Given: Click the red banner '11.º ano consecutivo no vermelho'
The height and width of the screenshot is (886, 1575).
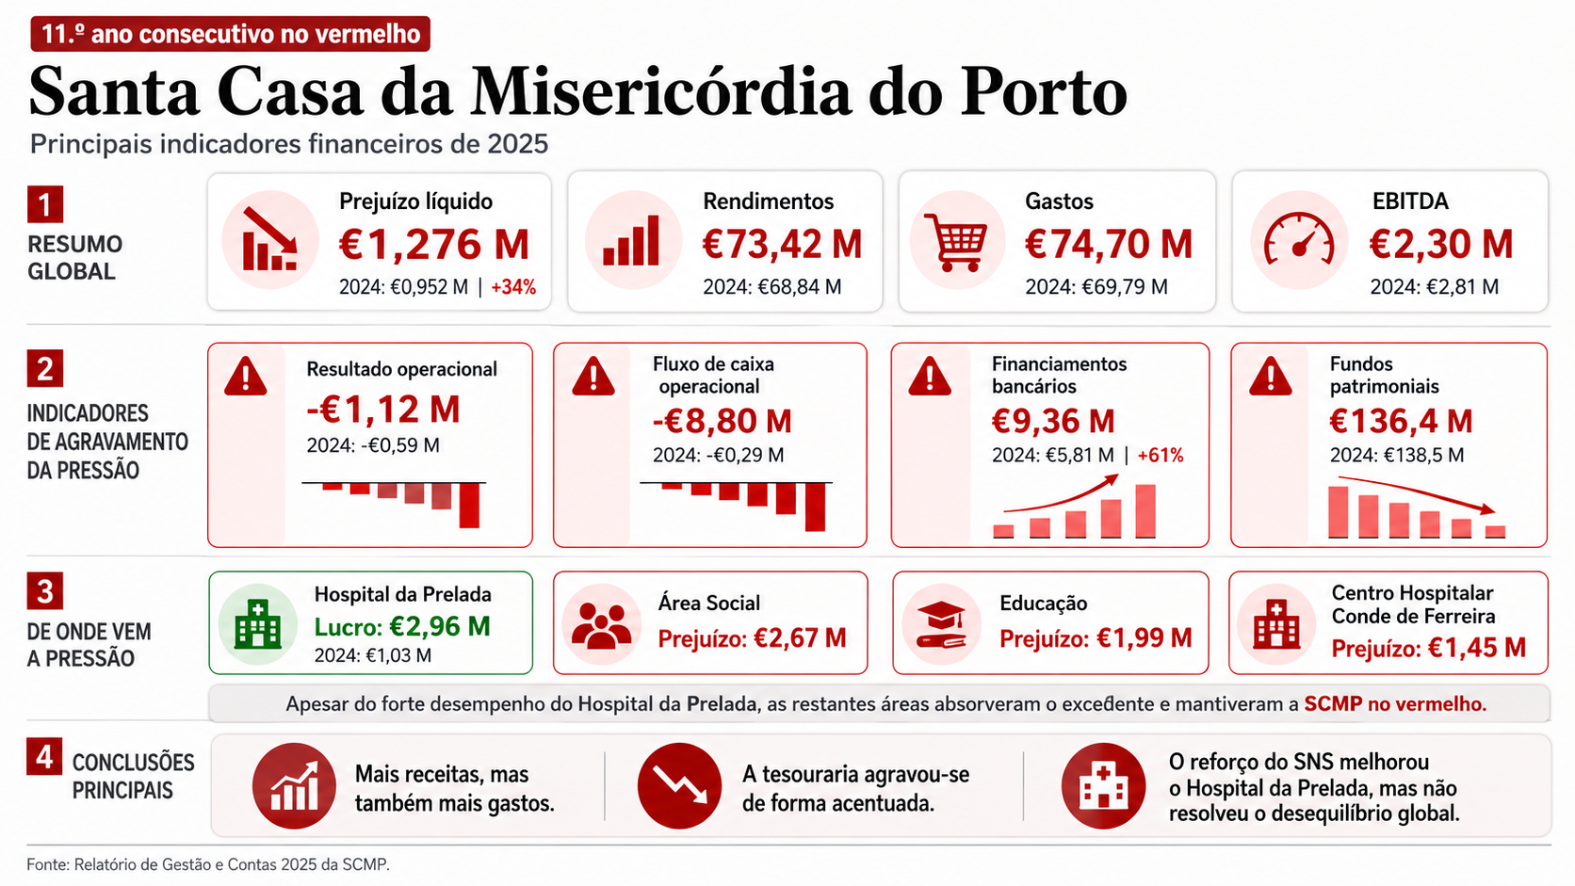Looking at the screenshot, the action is (x=230, y=34).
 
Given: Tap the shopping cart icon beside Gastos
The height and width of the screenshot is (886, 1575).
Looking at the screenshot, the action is (x=955, y=242).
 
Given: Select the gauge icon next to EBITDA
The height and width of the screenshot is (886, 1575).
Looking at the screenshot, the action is (x=1299, y=239).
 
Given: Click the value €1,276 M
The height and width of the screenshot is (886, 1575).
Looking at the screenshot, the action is (x=433, y=245).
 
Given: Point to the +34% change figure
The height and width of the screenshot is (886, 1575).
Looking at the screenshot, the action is (x=513, y=286).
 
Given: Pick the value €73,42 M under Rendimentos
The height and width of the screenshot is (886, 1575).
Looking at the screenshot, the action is (x=782, y=245).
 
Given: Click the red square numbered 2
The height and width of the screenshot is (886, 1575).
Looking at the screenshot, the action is (x=45, y=369).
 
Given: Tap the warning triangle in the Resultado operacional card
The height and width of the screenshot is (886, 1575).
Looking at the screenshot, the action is (x=246, y=377).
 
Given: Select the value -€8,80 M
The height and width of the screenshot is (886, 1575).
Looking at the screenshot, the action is (x=723, y=421).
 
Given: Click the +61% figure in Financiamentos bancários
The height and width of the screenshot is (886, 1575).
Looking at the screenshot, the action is (x=1161, y=456).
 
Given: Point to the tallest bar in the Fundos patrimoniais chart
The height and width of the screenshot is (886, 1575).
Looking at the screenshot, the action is (x=1338, y=512).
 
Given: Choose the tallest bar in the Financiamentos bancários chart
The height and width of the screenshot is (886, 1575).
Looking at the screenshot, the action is (x=1145, y=511).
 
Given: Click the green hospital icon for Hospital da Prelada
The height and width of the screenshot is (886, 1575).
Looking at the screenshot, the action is (x=257, y=624).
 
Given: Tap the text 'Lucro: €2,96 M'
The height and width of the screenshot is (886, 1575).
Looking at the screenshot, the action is (x=402, y=626).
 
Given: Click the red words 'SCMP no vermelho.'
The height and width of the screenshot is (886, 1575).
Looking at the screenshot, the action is (x=1395, y=704).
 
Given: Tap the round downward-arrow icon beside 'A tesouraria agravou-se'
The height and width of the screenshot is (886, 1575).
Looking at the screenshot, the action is (x=679, y=785).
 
